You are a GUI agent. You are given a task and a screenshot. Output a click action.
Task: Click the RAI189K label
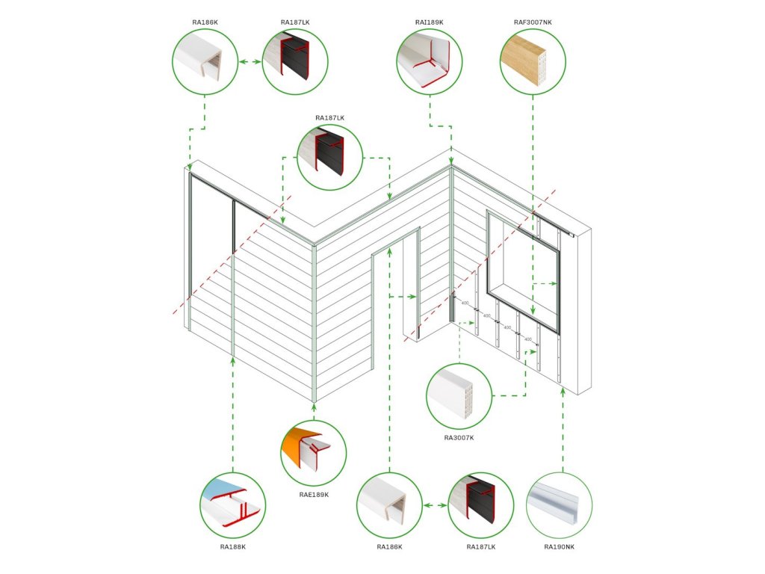click(429, 22)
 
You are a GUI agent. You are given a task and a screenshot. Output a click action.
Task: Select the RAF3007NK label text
click(532, 22)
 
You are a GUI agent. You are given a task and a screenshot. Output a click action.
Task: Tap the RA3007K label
click(459, 437)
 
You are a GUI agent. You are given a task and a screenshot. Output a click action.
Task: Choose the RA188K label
click(232, 546)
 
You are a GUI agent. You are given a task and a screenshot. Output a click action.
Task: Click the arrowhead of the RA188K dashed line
click(234, 361)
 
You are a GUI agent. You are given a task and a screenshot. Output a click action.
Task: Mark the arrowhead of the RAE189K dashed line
click(314, 407)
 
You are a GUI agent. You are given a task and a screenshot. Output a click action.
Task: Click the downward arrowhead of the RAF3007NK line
click(533, 308)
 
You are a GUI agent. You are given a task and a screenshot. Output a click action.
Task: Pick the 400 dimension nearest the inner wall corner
click(465, 303)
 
